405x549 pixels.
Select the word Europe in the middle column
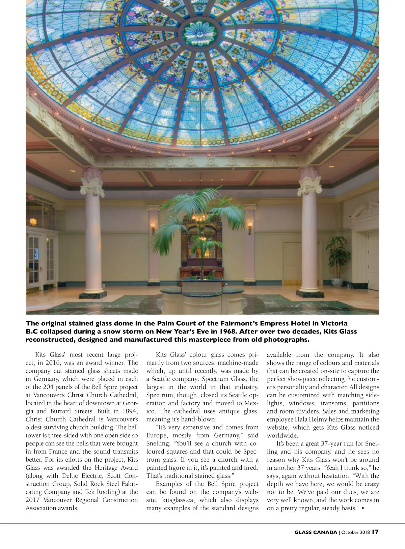(x=157, y=436)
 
